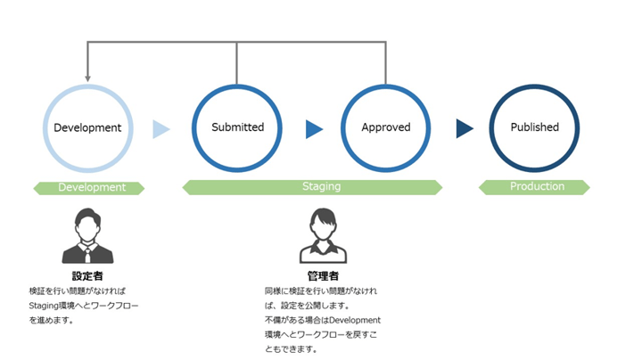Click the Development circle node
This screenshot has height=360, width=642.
[87, 127]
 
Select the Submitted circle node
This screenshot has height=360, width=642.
[237, 127]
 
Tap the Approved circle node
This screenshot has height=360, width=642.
[385, 127]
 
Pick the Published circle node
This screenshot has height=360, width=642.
[534, 127]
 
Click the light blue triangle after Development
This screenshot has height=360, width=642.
[160, 129]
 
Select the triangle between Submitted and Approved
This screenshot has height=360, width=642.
[313, 129]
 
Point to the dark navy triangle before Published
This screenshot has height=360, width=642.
[464, 129]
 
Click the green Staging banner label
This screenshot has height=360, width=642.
[321, 187]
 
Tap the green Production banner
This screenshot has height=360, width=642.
[536, 187]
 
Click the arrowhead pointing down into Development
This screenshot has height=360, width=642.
[87, 78]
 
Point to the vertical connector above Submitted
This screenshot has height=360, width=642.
[237, 62]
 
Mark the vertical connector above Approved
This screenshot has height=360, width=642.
[386, 62]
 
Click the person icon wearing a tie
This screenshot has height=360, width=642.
[87, 236]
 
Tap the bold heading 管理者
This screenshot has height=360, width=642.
[323, 276]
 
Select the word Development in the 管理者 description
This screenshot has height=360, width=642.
[356, 320]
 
